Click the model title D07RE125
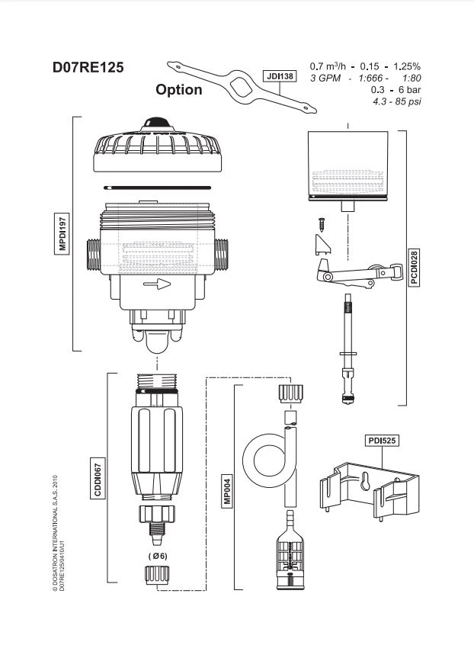coord(88,66)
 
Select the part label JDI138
coord(279,76)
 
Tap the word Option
coord(179,90)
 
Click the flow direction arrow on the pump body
coord(156,284)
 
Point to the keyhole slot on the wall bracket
coord(365,483)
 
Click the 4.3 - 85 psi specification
coord(396,101)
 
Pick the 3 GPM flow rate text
coord(325,79)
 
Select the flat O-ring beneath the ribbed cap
coord(159,186)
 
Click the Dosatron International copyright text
coord(56,534)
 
